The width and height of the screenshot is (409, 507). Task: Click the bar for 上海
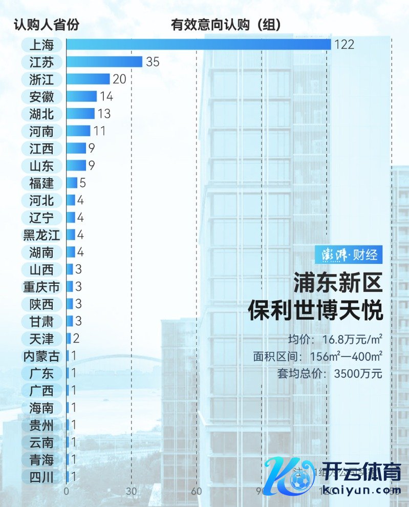pyautogui.click(x=199, y=45)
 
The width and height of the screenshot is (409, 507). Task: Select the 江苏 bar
pyautogui.click(x=104, y=62)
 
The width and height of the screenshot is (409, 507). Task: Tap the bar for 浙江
pyautogui.click(x=88, y=79)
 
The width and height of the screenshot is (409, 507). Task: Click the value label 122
pyautogui.click(x=344, y=45)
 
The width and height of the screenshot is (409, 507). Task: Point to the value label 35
pyautogui.click(x=153, y=62)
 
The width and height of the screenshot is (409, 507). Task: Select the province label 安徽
pyautogui.click(x=41, y=96)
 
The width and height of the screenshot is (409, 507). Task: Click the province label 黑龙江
pyautogui.click(x=41, y=235)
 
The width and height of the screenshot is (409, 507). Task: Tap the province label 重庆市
pyautogui.click(x=41, y=287)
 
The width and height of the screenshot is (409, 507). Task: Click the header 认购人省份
pyautogui.click(x=46, y=25)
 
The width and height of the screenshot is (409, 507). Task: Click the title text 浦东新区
pyautogui.click(x=338, y=282)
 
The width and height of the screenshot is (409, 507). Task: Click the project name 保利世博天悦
pyautogui.click(x=315, y=310)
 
